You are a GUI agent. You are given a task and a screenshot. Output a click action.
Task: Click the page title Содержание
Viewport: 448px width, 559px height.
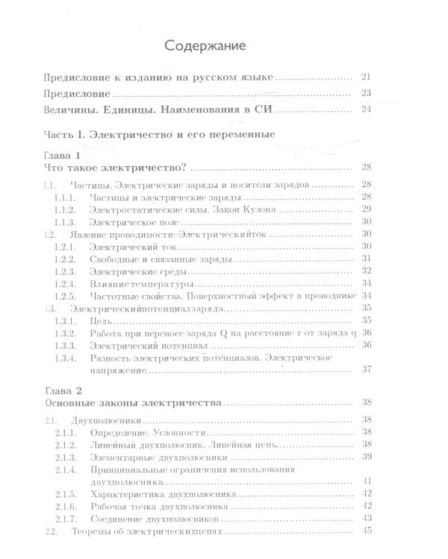pyautogui.click(x=224, y=46)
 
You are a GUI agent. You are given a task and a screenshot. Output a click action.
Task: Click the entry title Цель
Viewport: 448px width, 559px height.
pyautogui.click(x=99, y=320)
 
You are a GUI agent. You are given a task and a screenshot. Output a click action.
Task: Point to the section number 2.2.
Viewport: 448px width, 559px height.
pyautogui.click(x=51, y=531)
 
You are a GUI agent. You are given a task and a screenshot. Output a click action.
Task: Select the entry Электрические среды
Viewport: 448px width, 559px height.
pyautogui.click(x=129, y=271)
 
